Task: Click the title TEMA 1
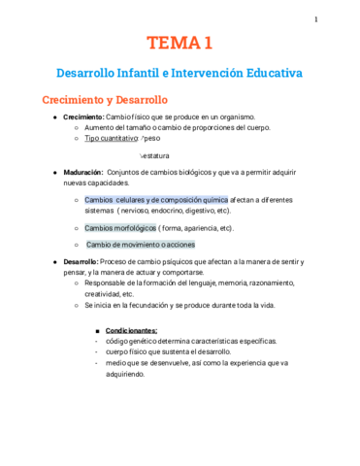[x=180, y=43]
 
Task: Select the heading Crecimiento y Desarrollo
[x=104, y=100]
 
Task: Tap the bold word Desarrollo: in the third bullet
[x=82, y=262]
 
